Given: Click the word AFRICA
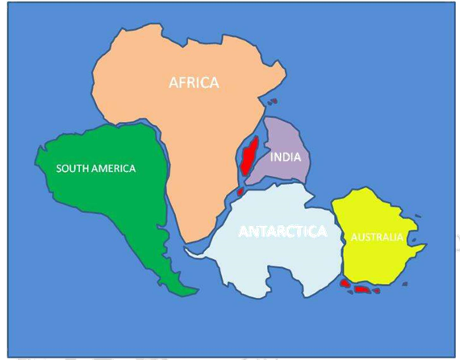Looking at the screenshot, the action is point(194,82).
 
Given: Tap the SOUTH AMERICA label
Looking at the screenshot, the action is point(95,169).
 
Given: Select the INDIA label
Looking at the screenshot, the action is point(286,157).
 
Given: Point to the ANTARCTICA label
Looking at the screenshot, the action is point(282,232).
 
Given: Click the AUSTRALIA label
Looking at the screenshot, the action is point(376,237).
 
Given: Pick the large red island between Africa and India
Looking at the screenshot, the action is point(249,156).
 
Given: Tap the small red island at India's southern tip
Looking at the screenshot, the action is point(240,191).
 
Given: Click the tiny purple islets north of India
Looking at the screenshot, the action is point(273,103).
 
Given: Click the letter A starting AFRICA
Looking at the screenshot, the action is point(173,82).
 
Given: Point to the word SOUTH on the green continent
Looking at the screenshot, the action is point(71,169).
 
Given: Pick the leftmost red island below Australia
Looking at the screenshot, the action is point(345,284).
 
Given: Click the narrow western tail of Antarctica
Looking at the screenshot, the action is point(194,252).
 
